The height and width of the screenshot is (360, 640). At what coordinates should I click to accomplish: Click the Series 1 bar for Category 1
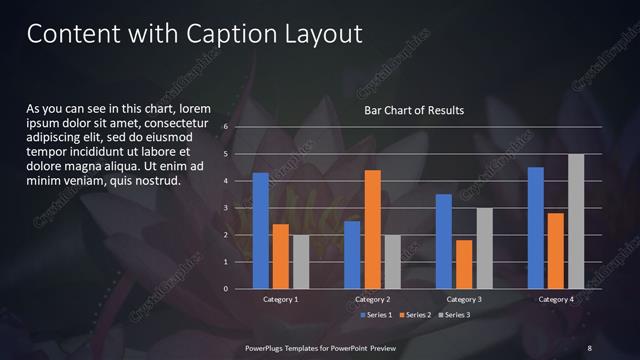pos(261,231)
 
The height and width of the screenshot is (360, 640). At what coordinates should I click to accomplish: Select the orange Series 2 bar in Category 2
pos(372,229)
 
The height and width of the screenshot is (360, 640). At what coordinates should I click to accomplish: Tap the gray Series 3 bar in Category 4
pos(576,221)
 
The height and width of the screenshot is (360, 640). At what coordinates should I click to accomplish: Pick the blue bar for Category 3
pos(444,241)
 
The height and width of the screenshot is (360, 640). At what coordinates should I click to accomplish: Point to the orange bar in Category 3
pos(464,264)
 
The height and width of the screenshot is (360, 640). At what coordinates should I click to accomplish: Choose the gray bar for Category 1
pos(301,262)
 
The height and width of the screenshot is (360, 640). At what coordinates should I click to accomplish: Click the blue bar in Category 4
pos(536,228)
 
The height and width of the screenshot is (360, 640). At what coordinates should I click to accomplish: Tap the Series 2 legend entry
pos(414,315)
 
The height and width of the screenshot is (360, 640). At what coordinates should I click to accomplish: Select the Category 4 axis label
pos(556,300)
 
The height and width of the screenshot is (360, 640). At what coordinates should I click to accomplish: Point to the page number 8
pos(590,347)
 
